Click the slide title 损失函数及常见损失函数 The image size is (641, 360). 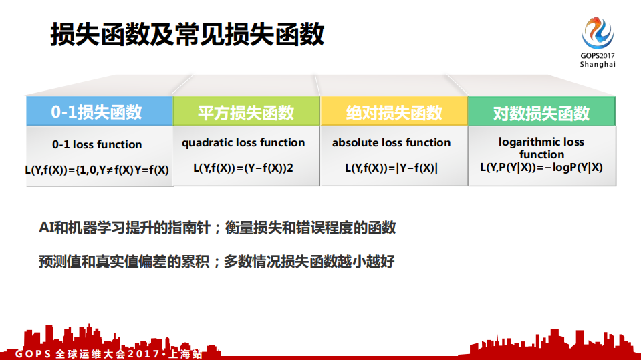pyautogui.click(x=187, y=35)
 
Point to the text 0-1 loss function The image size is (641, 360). pyautogui.click(x=97, y=144)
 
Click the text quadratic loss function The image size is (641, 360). pyautogui.click(x=243, y=142)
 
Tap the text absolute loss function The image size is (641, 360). pyautogui.click(x=392, y=142)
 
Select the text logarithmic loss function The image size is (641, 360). pyautogui.click(x=541, y=148)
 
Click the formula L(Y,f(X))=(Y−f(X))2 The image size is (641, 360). pyautogui.click(x=243, y=168)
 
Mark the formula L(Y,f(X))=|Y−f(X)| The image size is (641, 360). pyautogui.click(x=392, y=168)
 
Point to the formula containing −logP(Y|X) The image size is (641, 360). pyautogui.click(x=541, y=168)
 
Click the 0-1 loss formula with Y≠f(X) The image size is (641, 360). pyautogui.click(x=97, y=170)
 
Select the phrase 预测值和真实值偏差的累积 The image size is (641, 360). pyautogui.click(x=124, y=262)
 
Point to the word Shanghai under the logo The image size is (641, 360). pyautogui.click(x=598, y=65)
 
